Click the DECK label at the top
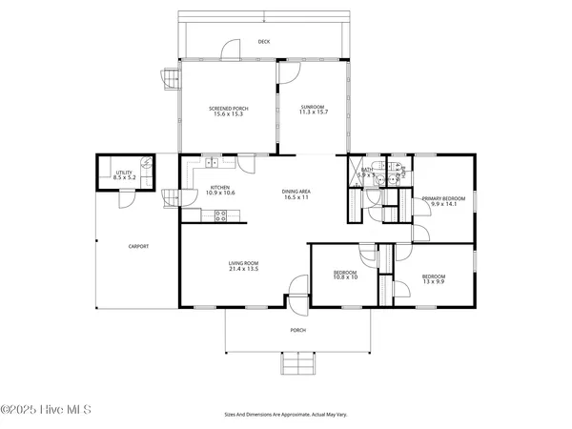point(264,42)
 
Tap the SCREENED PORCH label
point(228,109)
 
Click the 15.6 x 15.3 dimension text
point(228,114)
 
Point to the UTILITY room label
point(125,173)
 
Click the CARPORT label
point(139,246)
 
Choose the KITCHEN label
point(220,188)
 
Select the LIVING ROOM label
point(244,264)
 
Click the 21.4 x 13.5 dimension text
point(244,270)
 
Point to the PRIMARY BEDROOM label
point(445,198)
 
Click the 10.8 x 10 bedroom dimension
point(344,277)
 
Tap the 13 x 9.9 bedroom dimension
point(434,283)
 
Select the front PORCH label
point(297,331)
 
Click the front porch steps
point(296,364)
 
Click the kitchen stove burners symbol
point(220,215)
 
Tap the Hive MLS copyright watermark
point(46,410)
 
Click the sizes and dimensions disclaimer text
point(285,416)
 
